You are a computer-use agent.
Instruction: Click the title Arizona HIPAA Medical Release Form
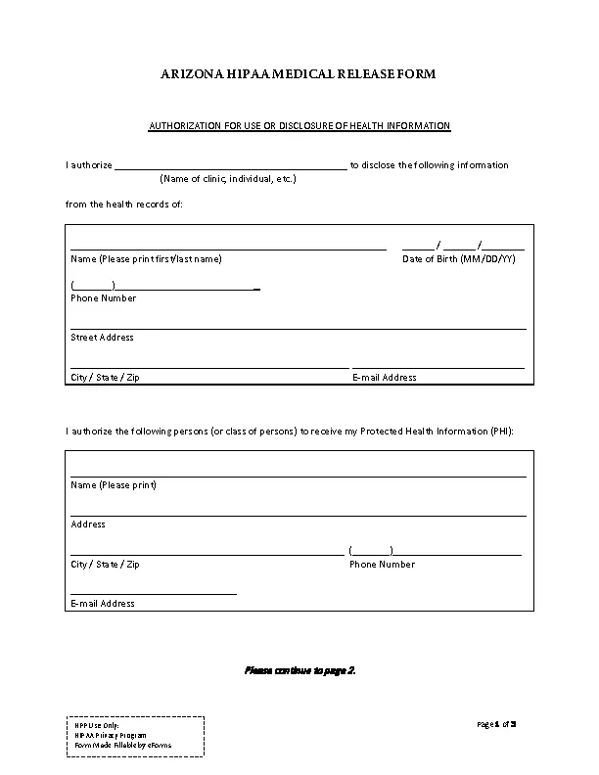click(299, 74)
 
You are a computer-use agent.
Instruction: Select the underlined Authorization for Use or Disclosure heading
click(299, 126)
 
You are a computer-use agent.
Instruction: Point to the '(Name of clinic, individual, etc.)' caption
click(228, 179)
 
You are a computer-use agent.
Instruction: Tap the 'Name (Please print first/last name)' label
click(146, 259)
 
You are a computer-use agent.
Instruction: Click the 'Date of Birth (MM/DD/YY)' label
click(459, 259)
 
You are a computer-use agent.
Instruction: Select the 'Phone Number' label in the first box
click(103, 298)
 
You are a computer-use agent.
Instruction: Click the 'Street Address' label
click(102, 338)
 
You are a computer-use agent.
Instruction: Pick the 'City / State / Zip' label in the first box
click(105, 377)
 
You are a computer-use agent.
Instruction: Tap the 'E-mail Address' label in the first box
click(384, 377)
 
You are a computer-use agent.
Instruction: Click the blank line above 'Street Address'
click(299, 328)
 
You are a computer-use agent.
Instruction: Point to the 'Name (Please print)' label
click(114, 485)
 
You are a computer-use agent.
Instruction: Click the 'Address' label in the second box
click(88, 524)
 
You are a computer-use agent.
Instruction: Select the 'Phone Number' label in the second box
click(382, 565)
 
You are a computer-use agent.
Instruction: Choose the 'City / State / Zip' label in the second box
click(105, 565)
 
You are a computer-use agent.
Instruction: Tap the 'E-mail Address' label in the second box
click(103, 604)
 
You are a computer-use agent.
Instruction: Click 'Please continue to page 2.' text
click(299, 670)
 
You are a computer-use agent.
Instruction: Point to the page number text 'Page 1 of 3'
click(496, 724)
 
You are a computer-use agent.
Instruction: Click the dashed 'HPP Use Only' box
click(135, 735)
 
